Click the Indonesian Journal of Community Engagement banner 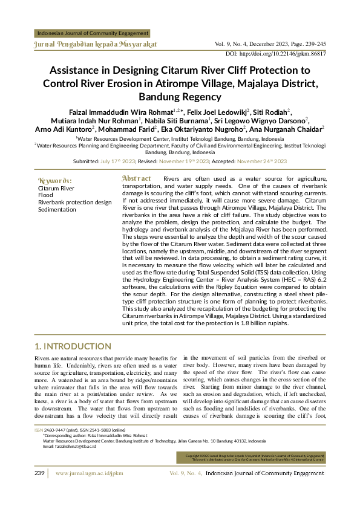click(x=93, y=34)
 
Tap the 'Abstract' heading click(x=137, y=179)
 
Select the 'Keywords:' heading click(x=54, y=181)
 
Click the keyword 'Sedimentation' click(x=57, y=210)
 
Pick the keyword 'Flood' click(x=45, y=195)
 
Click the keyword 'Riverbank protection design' click(x=74, y=203)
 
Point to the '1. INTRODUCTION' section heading click(x=73, y=346)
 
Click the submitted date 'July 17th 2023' click(x=118, y=161)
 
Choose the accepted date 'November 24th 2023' click(x=261, y=161)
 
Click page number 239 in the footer click(x=40, y=490)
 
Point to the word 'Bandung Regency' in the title click(x=180, y=97)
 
